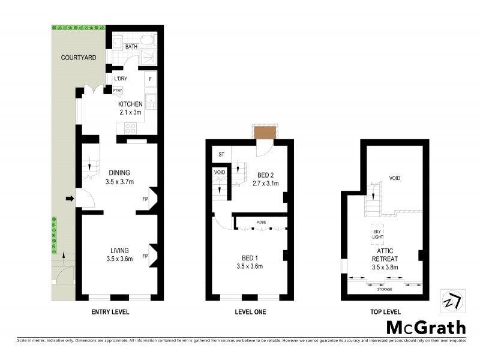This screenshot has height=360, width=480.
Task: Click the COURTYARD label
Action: (x=78, y=58)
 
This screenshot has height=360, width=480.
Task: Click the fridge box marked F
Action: (x=150, y=79)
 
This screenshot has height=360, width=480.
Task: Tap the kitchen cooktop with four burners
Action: (x=130, y=127)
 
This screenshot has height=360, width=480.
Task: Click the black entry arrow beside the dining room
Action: (x=69, y=199)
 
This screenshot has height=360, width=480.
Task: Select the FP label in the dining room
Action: (x=145, y=199)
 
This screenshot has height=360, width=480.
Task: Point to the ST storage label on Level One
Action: (x=221, y=155)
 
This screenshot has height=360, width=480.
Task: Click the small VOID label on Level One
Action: (x=220, y=173)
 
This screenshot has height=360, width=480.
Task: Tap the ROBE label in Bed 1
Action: (x=262, y=221)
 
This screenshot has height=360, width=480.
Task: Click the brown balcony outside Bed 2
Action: (x=265, y=132)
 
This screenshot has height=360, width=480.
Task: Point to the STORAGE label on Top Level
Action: (x=385, y=289)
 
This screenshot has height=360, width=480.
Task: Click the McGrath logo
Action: (x=425, y=327)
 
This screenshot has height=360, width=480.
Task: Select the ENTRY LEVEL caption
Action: (x=110, y=312)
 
